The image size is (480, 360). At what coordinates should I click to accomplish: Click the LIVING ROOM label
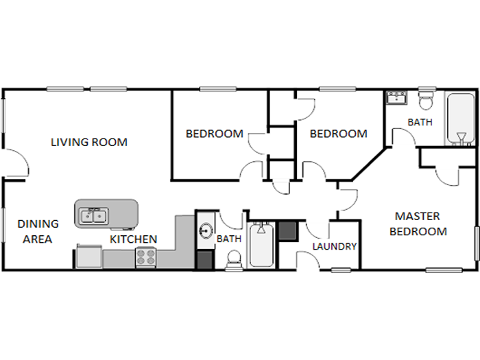click(89, 143)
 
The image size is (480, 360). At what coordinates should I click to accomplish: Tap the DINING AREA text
click(38, 232)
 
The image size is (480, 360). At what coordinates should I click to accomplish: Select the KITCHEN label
click(134, 239)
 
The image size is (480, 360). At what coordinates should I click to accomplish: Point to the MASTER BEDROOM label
click(418, 224)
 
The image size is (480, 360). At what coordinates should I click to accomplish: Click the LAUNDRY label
click(335, 246)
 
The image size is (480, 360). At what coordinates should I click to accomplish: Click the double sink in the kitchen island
click(94, 216)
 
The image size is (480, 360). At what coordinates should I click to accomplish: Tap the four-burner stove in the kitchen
click(145, 257)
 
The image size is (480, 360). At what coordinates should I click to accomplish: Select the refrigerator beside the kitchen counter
click(89, 256)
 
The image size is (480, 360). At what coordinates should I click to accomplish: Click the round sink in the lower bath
click(206, 230)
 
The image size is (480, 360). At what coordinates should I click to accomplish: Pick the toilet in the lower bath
click(234, 261)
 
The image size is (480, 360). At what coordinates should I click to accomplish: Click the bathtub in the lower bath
click(261, 245)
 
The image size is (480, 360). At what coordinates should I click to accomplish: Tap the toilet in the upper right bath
click(426, 99)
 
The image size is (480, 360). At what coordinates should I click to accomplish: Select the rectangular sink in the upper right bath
click(396, 97)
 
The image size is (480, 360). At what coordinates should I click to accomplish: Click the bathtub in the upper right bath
click(461, 119)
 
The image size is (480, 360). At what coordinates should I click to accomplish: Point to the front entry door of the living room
click(16, 163)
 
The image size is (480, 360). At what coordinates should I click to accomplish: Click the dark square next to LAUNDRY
click(288, 231)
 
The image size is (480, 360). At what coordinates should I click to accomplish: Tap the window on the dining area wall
click(3, 226)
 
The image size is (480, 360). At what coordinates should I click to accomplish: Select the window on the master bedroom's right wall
click(477, 243)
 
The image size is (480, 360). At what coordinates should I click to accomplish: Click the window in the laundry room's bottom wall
click(341, 270)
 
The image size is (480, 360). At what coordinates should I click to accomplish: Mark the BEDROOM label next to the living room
click(215, 134)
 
